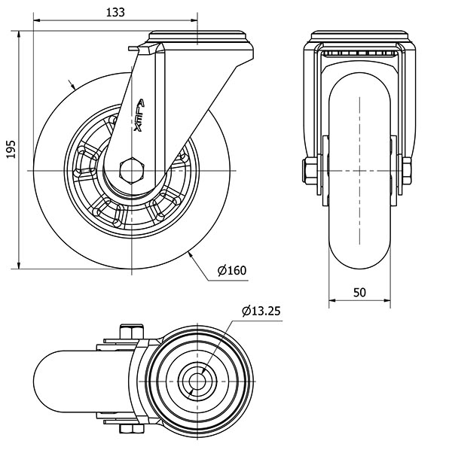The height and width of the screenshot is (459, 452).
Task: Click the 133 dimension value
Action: tap(115, 12)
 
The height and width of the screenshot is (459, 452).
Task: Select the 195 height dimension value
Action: tap(11, 149)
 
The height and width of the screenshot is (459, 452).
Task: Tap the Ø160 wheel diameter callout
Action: tap(232, 270)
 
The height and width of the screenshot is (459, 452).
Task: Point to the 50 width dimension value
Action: tap(359, 292)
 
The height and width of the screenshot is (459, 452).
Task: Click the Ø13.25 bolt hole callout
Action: tap(261, 311)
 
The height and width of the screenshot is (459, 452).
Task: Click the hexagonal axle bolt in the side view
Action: tap(132, 170)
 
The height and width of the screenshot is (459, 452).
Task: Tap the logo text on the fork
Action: tap(139, 115)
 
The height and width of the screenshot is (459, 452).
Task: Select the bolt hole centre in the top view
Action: tap(197, 381)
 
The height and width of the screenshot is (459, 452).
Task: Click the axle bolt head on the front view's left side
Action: tap(310, 171)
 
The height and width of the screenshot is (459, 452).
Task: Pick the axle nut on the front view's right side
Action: tap(407, 171)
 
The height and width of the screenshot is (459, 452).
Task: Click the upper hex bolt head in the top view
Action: tap(132, 331)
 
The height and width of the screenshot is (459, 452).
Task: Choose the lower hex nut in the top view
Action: tap(132, 429)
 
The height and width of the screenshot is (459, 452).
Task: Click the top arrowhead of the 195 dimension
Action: tap(19, 34)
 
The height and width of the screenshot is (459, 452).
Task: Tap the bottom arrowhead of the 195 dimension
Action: tap(19, 265)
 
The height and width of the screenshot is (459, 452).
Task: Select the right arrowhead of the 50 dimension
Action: tap(387, 300)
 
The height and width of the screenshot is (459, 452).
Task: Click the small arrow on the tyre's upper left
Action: tap(72, 84)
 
